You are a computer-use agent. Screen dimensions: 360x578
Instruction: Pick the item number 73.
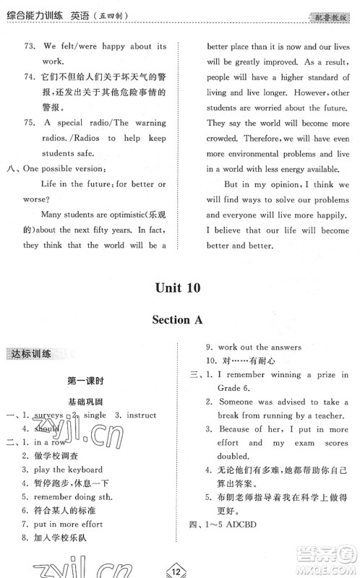click(x=30, y=47)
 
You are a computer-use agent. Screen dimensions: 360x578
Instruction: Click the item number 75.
click(x=30, y=123)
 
